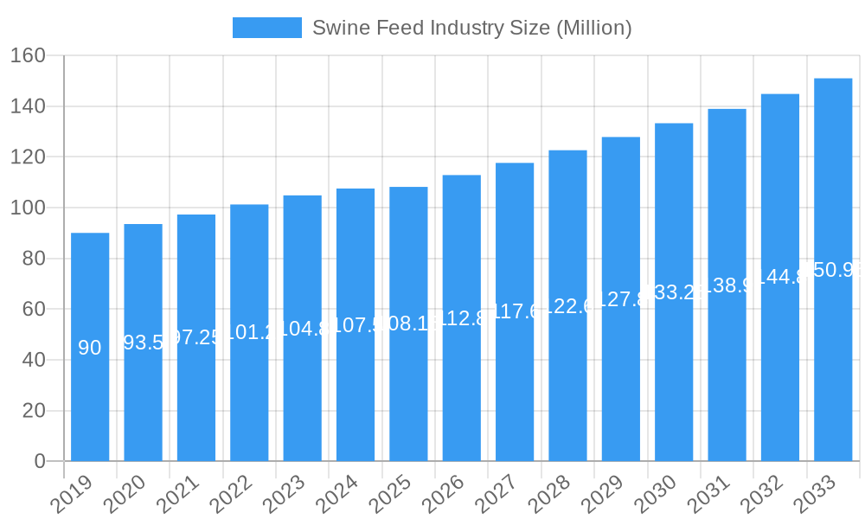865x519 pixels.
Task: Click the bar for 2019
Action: click(90, 347)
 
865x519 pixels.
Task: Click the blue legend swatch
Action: click(267, 28)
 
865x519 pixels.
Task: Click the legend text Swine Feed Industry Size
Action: click(471, 28)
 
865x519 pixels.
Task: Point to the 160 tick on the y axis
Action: click(28, 55)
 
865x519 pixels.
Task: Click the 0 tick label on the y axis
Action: click(40, 461)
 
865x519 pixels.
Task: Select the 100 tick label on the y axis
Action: click(28, 208)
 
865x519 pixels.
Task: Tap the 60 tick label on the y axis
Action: click(33, 309)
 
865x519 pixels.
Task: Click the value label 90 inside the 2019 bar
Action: click(90, 348)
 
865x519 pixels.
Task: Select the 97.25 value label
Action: click(196, 337)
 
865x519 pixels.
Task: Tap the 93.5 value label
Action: click(144, 343)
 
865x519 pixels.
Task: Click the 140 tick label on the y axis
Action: click(28, 106)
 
